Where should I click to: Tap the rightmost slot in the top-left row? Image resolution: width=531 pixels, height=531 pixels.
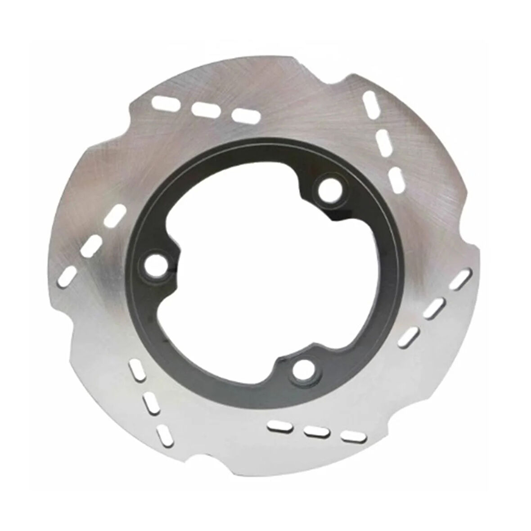point(245,116)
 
